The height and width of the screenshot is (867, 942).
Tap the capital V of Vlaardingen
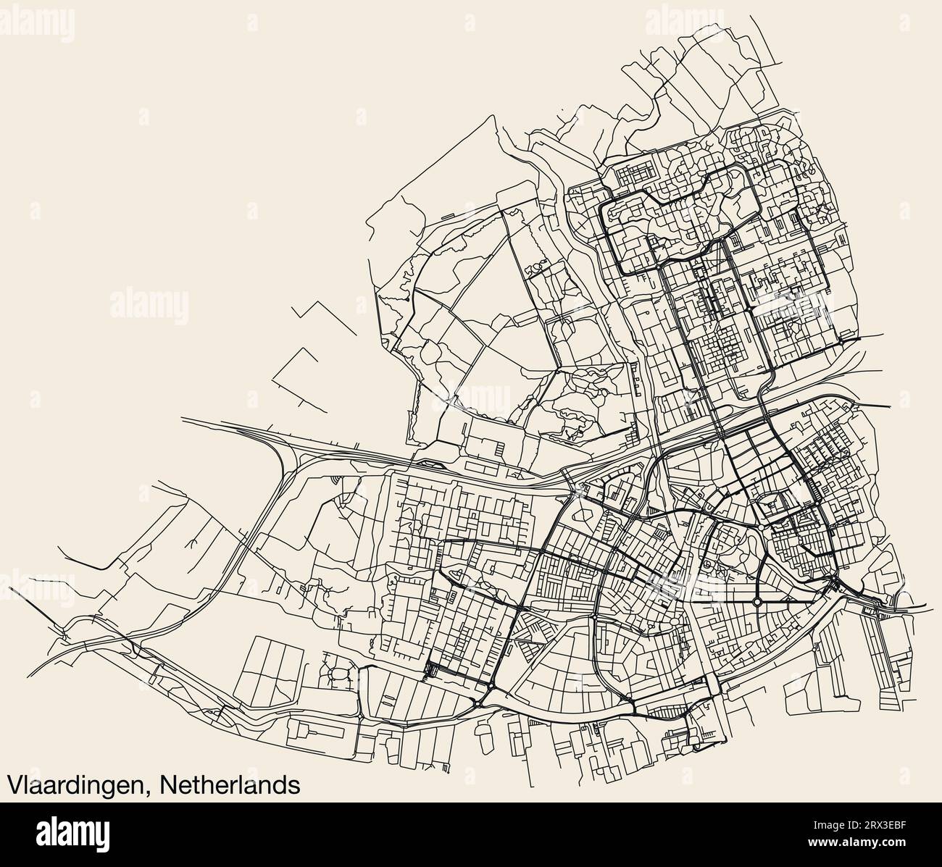14,784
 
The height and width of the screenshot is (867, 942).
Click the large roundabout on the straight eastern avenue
756,601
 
